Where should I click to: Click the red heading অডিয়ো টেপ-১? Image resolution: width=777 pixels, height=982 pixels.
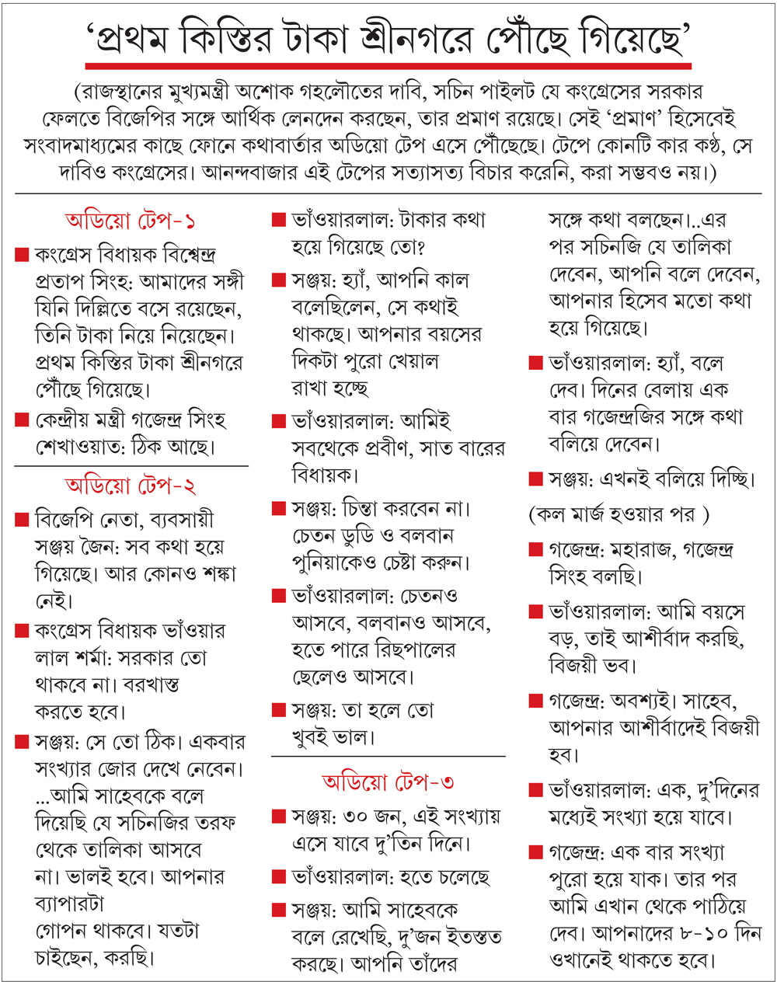[x=130, y=221]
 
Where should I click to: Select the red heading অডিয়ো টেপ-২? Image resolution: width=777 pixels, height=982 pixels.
[x=130, y=486]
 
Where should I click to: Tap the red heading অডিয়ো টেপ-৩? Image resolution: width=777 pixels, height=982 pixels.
[x=388, y=781]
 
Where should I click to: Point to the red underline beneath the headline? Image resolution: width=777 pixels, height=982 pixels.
[x=388, y=65]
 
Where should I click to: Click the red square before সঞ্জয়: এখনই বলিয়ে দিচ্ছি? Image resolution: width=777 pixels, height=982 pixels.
[x=535, y=479]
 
